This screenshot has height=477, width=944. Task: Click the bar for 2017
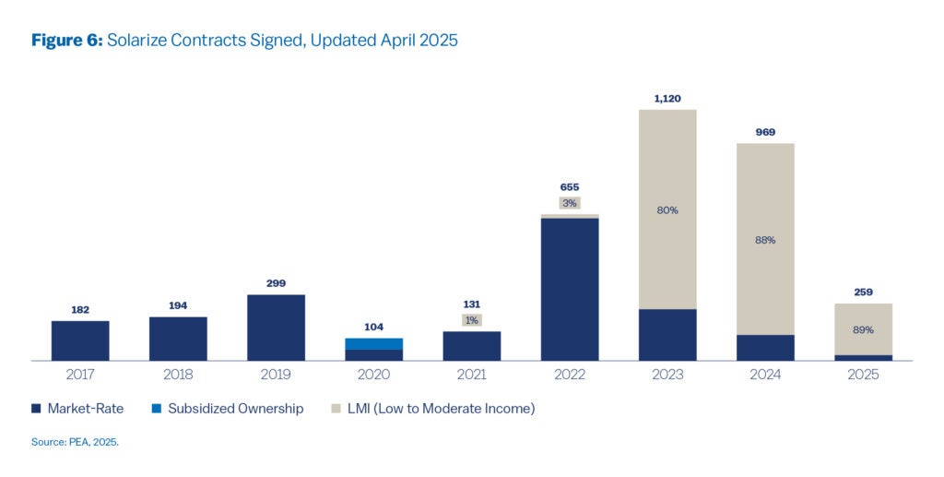(80, 340)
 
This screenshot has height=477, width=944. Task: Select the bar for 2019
(276, 328)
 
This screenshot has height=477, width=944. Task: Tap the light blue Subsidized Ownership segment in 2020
(373, 343)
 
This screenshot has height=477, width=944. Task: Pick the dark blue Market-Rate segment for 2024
(765, 348)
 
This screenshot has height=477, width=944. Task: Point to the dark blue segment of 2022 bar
(570, 289)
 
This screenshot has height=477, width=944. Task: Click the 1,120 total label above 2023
(667, 98)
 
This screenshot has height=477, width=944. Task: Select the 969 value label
(765, 132)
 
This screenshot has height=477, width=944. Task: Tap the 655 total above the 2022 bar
(569, 186)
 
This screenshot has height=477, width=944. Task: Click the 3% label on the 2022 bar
(570, 203)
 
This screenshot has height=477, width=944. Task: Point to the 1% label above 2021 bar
(471, 320)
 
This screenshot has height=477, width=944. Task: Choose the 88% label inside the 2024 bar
(765, 240)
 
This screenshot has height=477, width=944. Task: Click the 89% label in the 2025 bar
(863, 329)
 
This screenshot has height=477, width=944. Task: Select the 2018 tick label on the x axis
(178, 375)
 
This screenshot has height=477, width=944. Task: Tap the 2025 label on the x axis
(863, 375)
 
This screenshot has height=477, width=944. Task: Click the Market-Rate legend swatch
(36, 408)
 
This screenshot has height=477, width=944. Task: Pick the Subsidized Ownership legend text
(235, 408)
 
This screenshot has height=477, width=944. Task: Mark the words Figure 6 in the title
(67, 41)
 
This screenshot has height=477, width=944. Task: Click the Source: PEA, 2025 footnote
(75, 442)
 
